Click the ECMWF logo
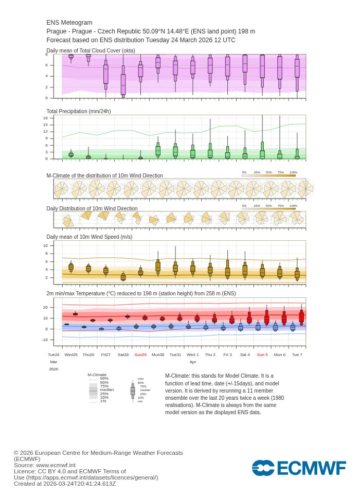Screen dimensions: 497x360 299,468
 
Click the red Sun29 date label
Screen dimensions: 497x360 140,354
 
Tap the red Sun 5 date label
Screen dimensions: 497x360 262,354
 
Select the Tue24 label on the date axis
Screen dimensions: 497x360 53,354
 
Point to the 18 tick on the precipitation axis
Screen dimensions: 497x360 45,118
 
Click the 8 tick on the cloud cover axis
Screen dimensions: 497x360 46,54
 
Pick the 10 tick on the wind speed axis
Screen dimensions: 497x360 45,245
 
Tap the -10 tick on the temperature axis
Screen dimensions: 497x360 44,340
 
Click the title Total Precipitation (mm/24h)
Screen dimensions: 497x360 78,111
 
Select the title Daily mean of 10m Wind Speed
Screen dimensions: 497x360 89,237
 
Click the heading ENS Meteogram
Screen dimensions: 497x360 69,23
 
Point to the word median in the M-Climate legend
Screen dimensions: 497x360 106,389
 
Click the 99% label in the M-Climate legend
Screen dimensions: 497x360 104,378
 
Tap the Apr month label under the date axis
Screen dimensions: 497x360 192,362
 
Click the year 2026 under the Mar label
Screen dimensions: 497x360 53,369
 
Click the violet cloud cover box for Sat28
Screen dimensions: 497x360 123,84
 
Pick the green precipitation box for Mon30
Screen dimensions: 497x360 158,151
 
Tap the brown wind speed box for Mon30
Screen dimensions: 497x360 158,267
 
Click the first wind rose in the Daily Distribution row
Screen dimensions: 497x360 67,221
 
